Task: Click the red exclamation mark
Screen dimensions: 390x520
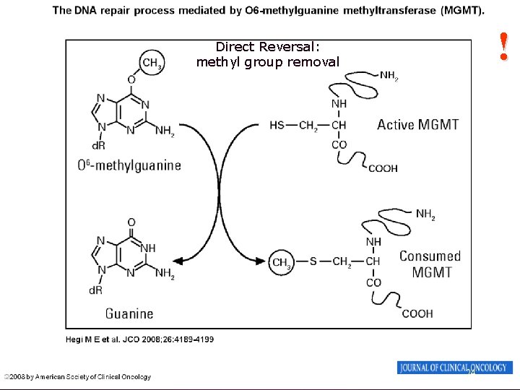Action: point(504,45)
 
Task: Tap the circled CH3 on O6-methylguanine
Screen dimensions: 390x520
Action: point(152,63)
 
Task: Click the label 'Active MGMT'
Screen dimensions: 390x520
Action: point(417,124)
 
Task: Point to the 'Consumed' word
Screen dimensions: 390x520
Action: point(430,256)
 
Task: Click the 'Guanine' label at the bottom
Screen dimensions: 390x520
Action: point(129,313)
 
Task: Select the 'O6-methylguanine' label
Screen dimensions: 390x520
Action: point(129,165)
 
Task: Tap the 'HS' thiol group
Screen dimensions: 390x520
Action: point(277,125)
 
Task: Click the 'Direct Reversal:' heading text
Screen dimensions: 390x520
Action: point(267,48)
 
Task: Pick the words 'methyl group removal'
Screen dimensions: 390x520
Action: point(267,62)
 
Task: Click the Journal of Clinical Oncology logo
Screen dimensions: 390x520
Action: point(455,368)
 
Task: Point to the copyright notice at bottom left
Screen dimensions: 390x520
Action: point(77,377)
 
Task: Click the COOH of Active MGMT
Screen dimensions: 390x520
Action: point(383,168)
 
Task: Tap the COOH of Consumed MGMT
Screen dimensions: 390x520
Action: point(417,313)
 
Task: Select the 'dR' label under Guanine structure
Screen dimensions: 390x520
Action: point(95,290)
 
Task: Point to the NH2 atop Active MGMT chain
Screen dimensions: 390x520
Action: point(389,74)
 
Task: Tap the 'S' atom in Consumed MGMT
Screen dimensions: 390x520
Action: point(313,261)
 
